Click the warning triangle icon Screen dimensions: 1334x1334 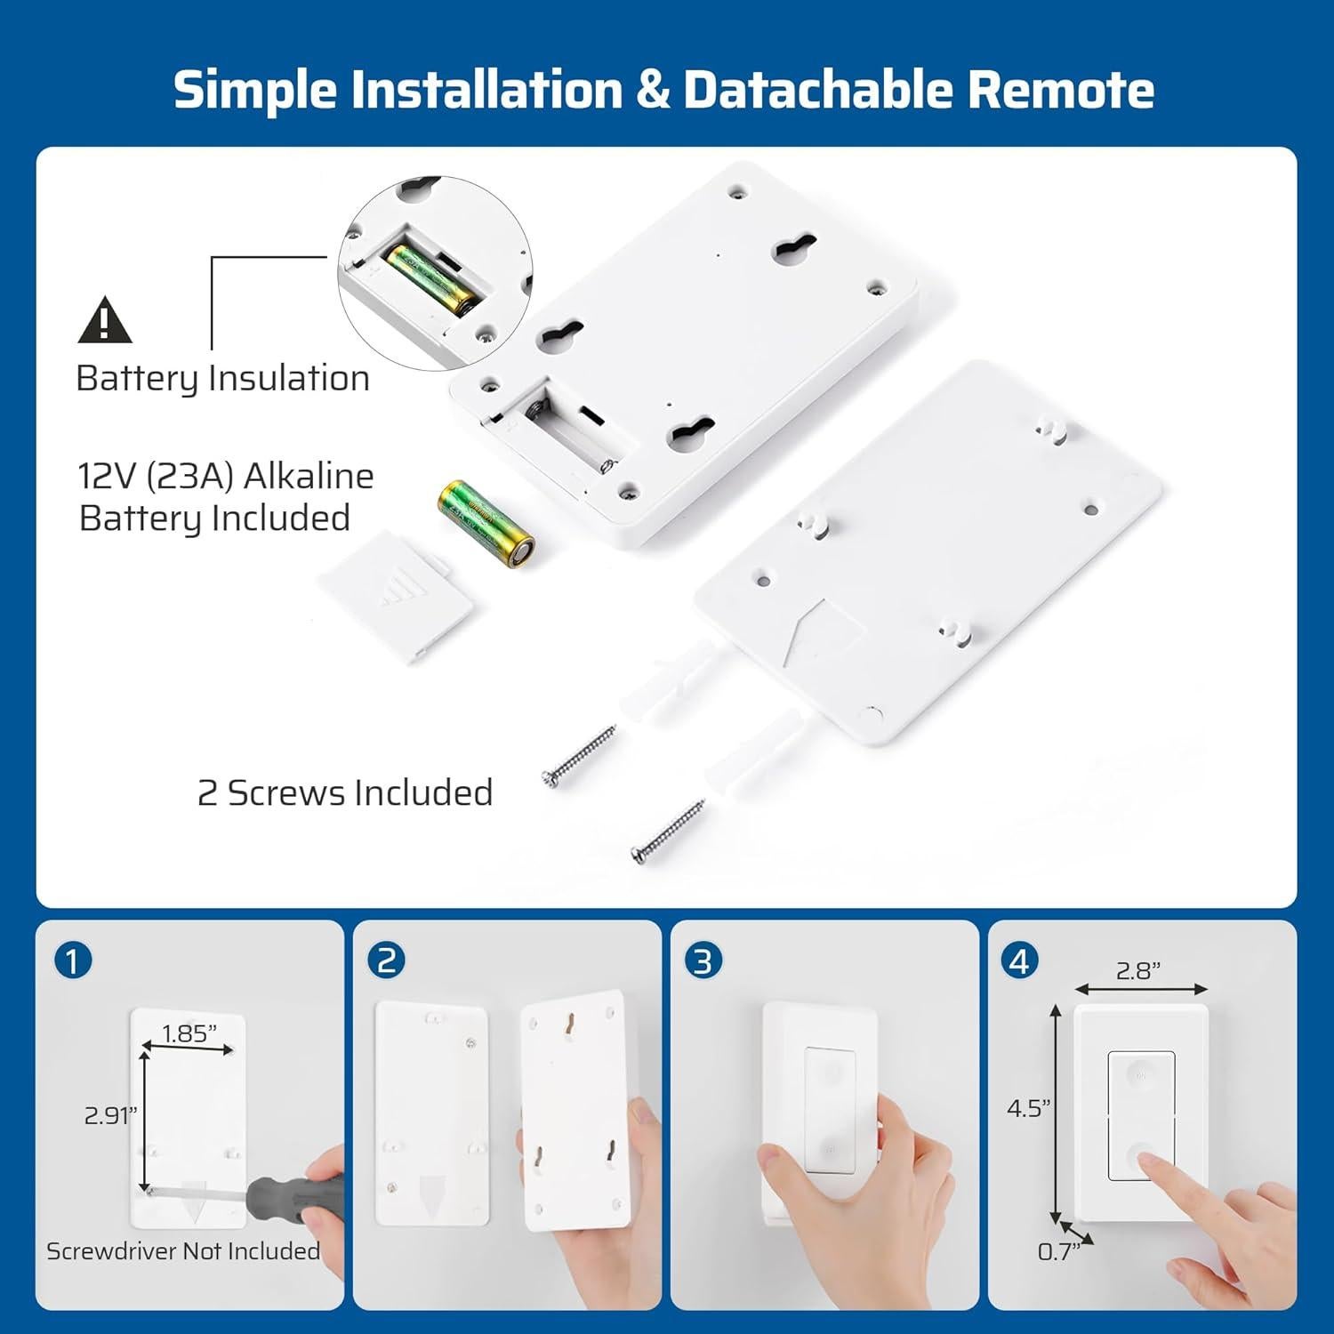tap(105, 321)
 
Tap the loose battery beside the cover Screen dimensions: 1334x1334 tap(486, 523)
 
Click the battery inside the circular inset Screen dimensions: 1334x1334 tap(430, 279)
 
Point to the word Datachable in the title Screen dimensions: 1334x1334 tap(817, 90)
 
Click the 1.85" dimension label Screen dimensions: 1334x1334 tap(189, 1033)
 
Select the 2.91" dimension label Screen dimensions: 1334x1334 tap(109, 1115)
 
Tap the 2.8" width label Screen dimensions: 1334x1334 tap(1139, 970)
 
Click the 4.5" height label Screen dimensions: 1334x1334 tap(1028, 1108)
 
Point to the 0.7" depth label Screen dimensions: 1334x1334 tap(1057, 1251)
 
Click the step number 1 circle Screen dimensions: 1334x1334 tap(73, 960)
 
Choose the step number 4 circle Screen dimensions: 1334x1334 tap(1020, 960)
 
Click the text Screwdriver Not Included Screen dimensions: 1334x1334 tap(183, 1251)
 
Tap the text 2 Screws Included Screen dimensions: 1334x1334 tap(345, 792)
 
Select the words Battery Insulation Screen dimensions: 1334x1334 tap(222, 378)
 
